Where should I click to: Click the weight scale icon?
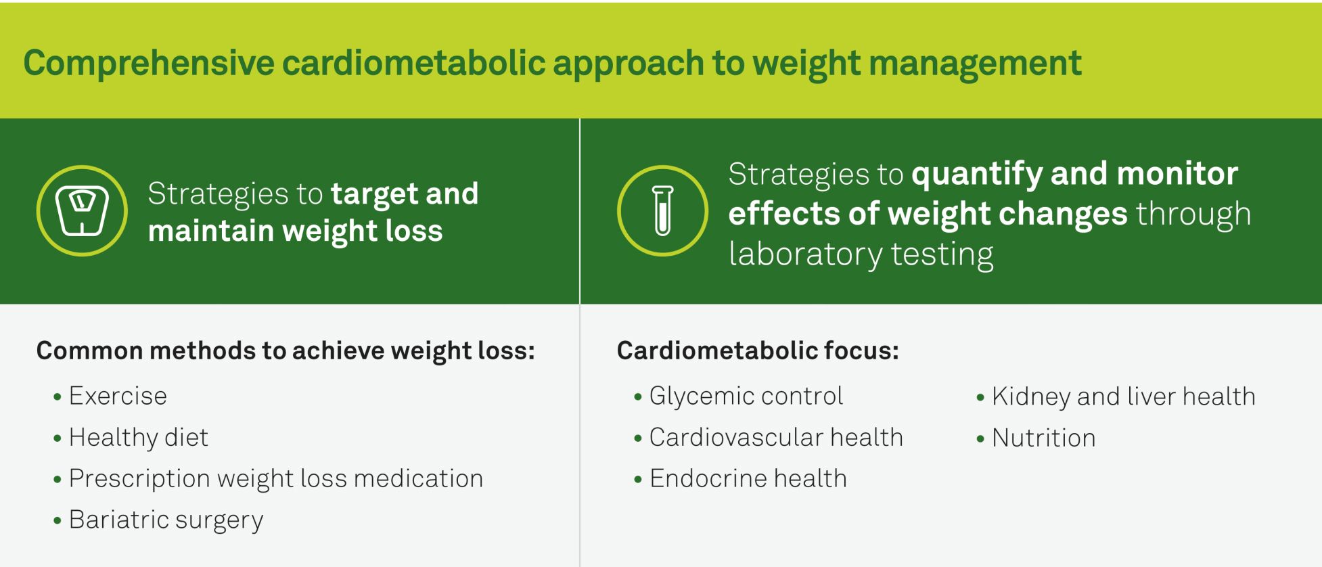point(82,210)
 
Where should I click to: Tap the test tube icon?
point(663,210)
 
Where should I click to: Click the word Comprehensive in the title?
point(149,64)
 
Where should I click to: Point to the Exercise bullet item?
point(118,396)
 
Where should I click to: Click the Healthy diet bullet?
point(138,438)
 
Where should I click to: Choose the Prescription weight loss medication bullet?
point(276,479)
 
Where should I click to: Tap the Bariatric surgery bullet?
point(166,520)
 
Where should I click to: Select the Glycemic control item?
point(746,396)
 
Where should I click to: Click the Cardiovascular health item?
point(776,438)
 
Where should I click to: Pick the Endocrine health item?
point(748,479)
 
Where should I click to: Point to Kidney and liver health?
point(1124,396)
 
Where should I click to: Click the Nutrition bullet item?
point(1044,438)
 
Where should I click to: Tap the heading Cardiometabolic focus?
point(758,350)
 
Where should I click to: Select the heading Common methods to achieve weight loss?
point(286,351)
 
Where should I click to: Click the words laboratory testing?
point(861,254)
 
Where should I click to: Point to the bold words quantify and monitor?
point(1075,174)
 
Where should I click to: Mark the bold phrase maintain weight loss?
point(295,231)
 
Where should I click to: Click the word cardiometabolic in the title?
point(413,64)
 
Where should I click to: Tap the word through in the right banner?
point(1193,214)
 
